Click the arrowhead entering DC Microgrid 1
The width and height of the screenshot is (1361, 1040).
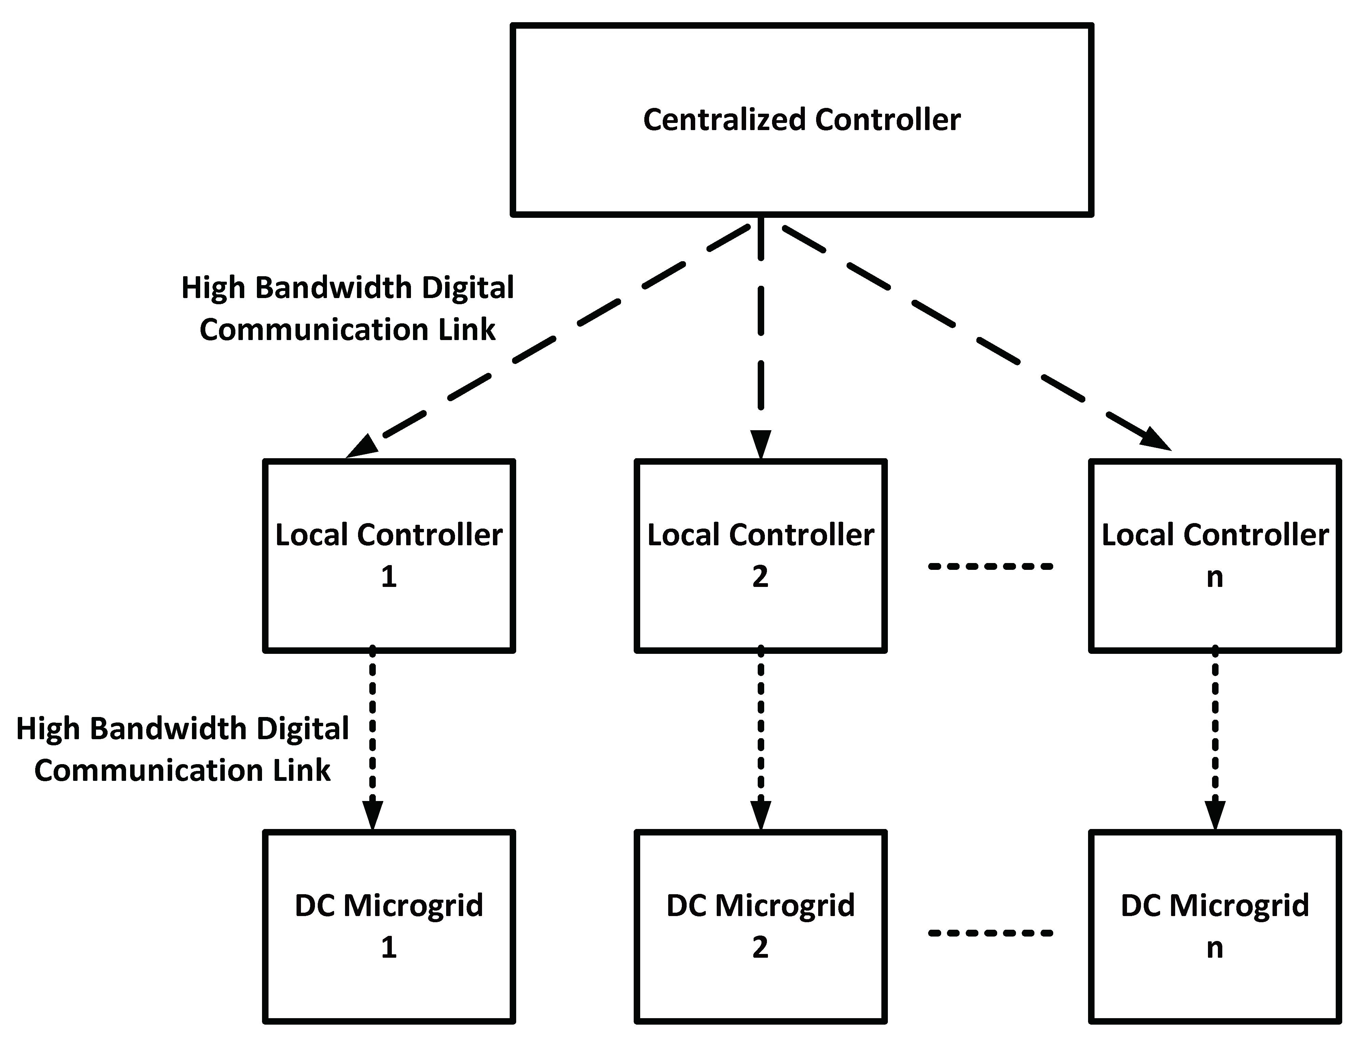coord(372,815)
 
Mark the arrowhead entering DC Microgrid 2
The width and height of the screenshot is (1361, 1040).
coord(760,815)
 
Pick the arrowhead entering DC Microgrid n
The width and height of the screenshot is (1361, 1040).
coord(1215,815)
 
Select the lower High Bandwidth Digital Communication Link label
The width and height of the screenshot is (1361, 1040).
coord(183,749)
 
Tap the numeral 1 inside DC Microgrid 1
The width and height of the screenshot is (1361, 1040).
coord(389,947)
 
